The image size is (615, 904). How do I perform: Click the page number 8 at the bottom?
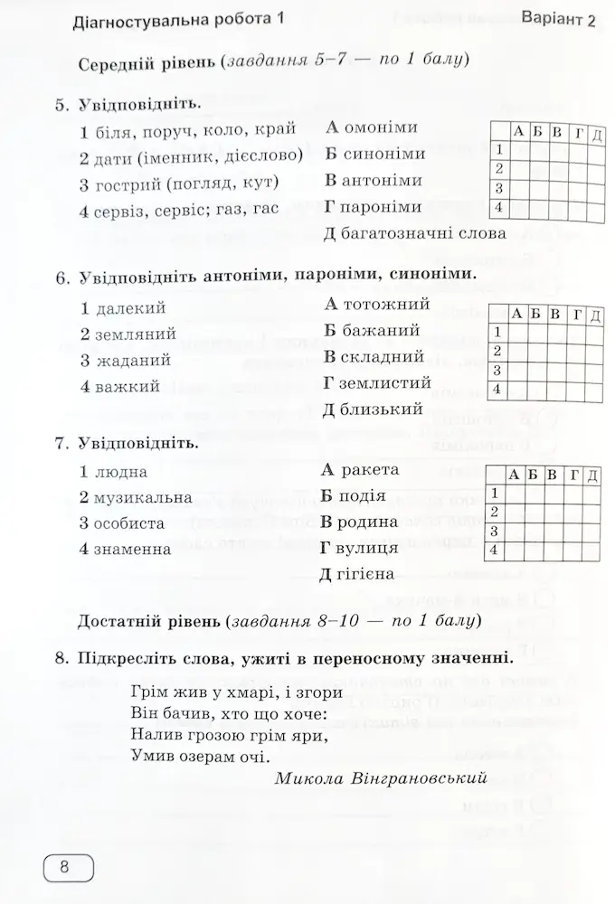pos(64,869)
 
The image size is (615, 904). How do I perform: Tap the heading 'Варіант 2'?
pos(560,21)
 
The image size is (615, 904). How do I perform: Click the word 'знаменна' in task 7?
pos(132,549)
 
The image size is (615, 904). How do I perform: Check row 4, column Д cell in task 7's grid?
pos(591,550)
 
